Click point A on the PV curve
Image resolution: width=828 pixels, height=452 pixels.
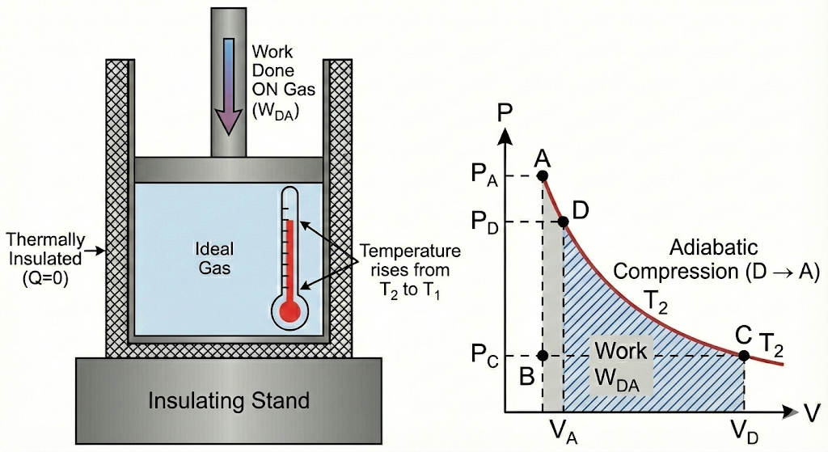(543, 175)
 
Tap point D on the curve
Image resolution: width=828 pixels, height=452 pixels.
(563, 222)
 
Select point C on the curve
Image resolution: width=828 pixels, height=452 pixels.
(744, 354)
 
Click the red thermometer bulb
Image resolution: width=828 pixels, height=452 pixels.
(290, 310)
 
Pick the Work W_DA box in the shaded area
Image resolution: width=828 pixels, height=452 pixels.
(621, 366)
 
